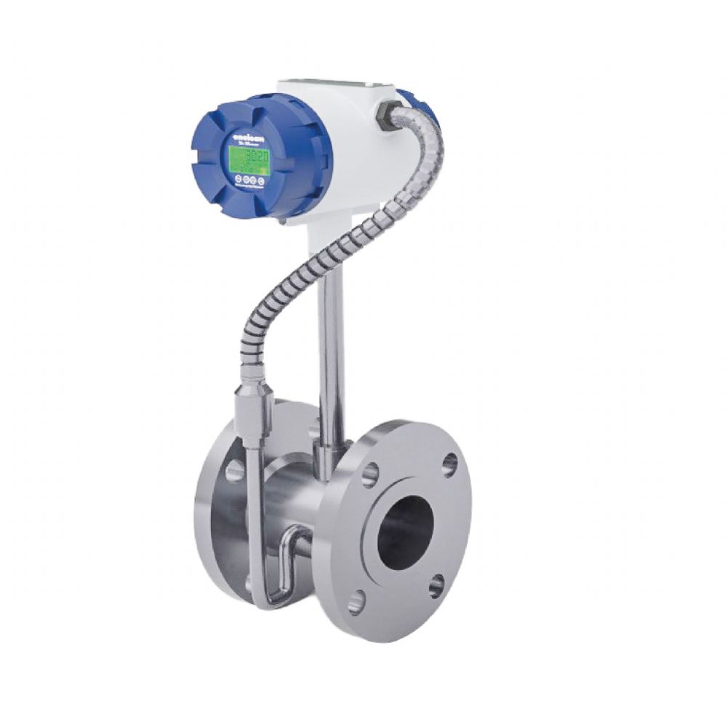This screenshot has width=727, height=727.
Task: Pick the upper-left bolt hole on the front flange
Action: [371, 475]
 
